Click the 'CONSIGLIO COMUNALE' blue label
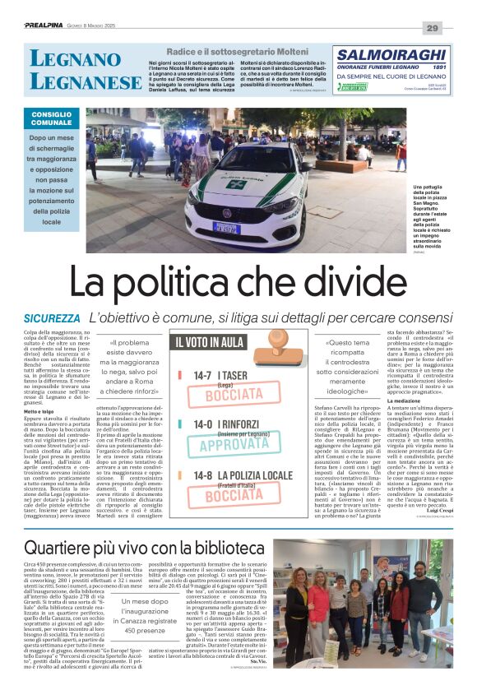pos(52,118)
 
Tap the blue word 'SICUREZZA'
pos(52,317)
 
